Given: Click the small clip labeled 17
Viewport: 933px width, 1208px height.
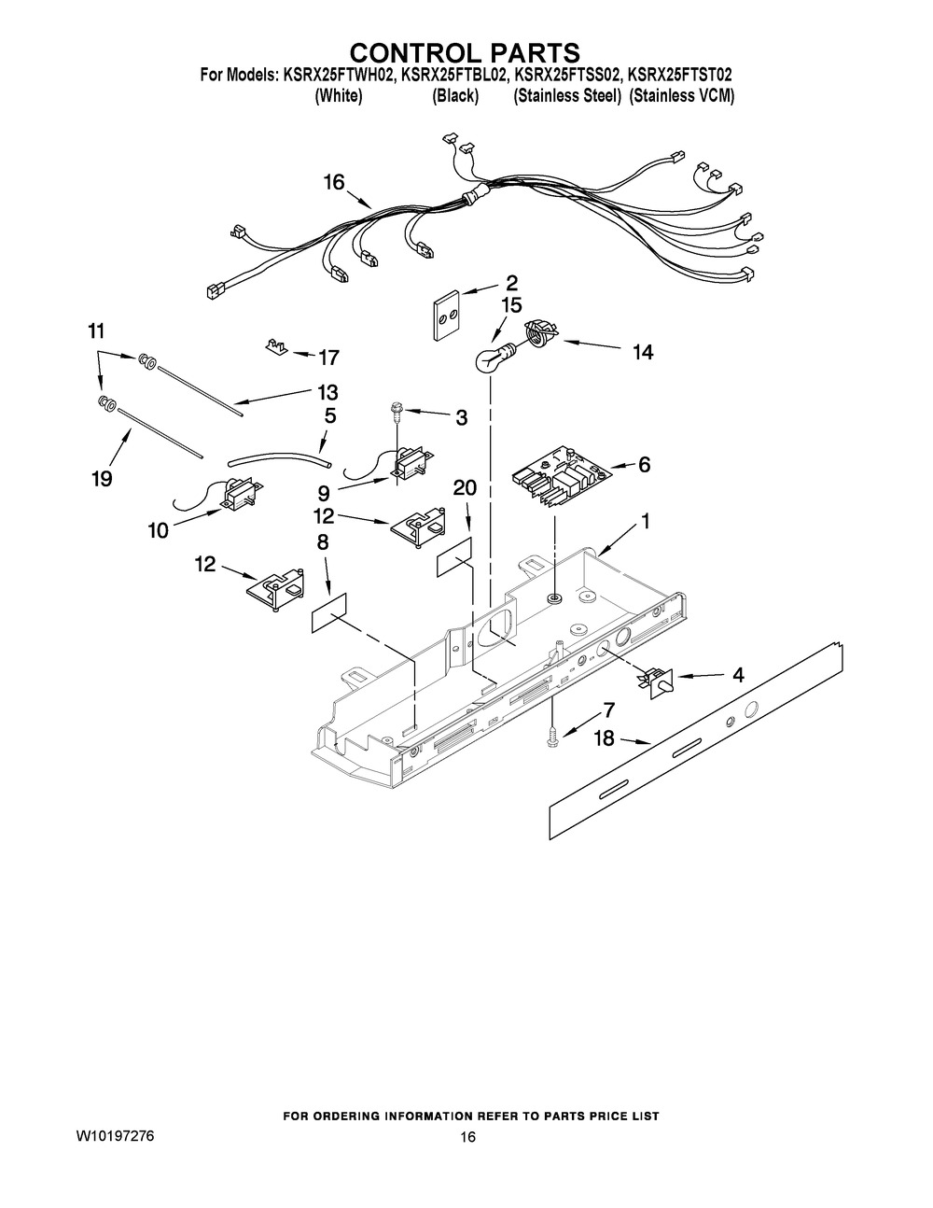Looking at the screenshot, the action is [275, 347].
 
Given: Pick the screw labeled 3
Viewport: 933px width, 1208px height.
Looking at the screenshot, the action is [397, 414].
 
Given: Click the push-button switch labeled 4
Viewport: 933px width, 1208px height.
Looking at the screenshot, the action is [657, 681].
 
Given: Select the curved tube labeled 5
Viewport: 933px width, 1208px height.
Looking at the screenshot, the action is [279, 459].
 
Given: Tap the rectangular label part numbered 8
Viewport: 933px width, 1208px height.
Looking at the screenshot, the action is [328, 613].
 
